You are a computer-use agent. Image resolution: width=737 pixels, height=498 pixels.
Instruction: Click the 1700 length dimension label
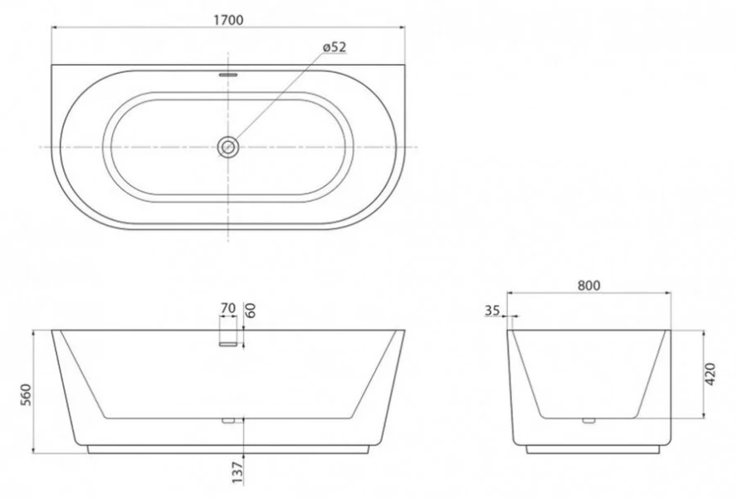(228, 20)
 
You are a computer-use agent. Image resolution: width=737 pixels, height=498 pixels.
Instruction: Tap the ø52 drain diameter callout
(334, 47)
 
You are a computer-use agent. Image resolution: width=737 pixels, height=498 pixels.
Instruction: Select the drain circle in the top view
(228, 147)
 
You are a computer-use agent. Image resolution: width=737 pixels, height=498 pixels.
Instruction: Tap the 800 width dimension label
(588, 285)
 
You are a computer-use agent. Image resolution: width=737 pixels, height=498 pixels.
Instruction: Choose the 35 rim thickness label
(491, 311)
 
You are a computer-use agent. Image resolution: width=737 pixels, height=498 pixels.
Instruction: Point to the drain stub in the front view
(229, 421)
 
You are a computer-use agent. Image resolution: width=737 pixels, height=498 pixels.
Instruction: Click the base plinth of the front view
(228, 450)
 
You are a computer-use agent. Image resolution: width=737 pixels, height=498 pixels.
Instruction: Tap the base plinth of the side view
(592, 450)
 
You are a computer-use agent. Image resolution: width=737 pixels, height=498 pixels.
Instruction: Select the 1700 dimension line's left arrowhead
(56, 27)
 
